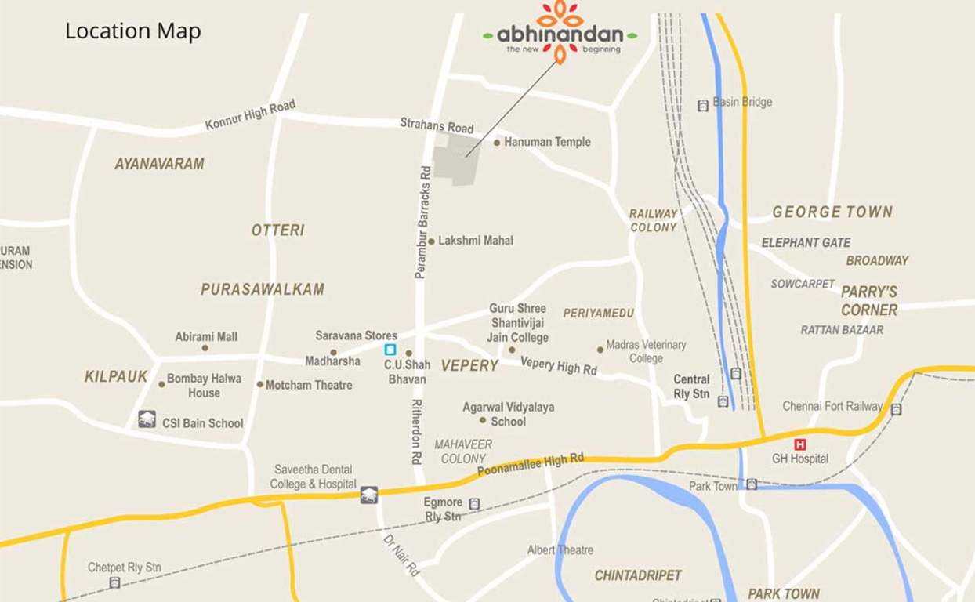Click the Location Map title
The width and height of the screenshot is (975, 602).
pyautogui.click(x=132, y=31)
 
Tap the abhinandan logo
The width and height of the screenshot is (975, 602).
pyautogui.click(x=560, y=32)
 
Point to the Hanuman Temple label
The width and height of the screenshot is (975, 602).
pyautogui.click(x=547, y=142)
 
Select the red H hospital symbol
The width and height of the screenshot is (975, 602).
pyautogui.click(x=799, y=444)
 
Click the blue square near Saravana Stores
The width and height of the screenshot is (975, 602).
pyautogui.click(x=390, y=350)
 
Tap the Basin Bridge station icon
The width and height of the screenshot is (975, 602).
pyautogui.click(x=702, y=105)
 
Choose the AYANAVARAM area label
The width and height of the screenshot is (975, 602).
pyautogui.click(x=159, y=164)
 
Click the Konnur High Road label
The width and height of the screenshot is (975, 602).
pyautogui.click(x=250, y=114)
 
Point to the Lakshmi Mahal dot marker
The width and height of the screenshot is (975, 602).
pyautogui.click(x=431, y=241)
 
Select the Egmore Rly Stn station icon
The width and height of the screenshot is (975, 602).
pyautogui.click(x=474, y=504)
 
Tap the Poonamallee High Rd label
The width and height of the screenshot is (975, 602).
pyautogui.click(x=531, y=465)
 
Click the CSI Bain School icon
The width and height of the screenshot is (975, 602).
pyautogui.click(x=147, y=419)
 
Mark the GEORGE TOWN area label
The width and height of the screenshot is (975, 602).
pyautogui.click(x=832, y=212)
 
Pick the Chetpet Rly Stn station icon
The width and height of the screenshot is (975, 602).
pyautogui.click(x=114, y=582)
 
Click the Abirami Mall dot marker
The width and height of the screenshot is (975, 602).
pyautogui.click(x=205, y=348)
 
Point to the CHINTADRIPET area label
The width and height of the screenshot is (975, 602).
pyautogui.click(x=638, y=575)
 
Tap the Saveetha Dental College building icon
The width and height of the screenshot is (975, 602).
pyautogui.click(x=368, y=495)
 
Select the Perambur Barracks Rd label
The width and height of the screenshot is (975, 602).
pyautogui.click(x=423, y=222)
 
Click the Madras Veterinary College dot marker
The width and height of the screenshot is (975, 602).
pyautogui.click(x=600, y=350)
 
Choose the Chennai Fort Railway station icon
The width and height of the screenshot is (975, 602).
pyautogui.click(x=896, y=408)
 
